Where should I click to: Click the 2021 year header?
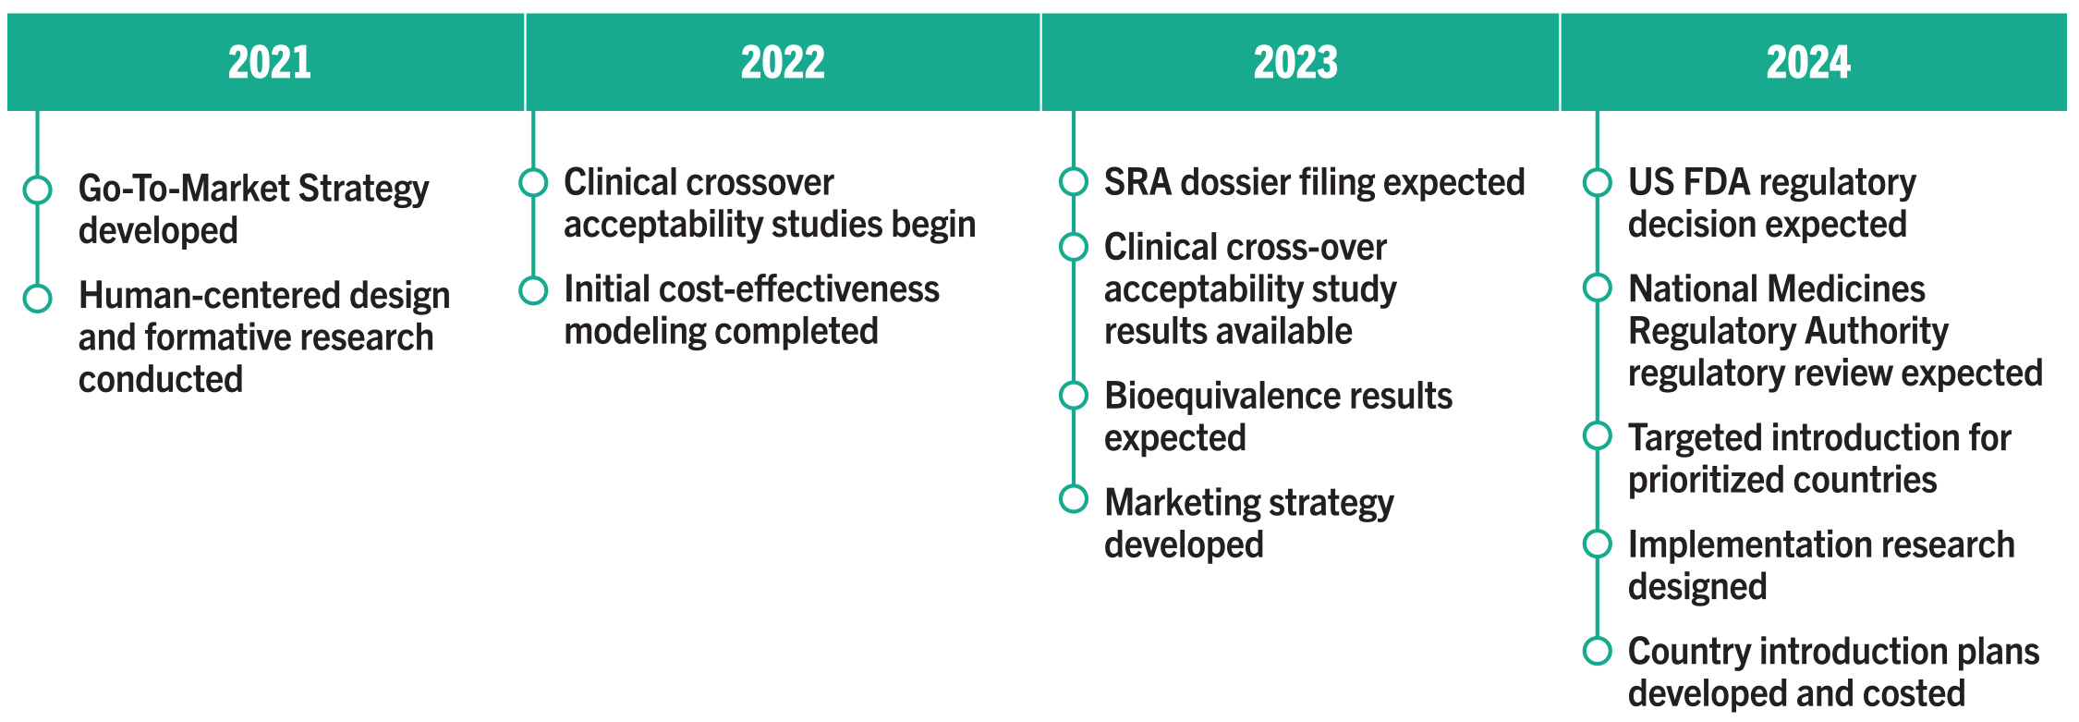tap(269, 63)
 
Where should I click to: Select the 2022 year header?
tap(783, 63)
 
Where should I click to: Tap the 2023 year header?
tap(1295, 63)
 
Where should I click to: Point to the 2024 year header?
tap(1808, 63)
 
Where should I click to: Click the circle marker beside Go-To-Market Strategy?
tap(37, 190)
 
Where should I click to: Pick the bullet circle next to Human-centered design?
tap(37, 298)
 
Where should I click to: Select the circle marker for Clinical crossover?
tap(533, 183)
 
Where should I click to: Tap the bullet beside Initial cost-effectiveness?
tap(533, 290)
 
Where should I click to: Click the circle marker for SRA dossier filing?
tap(1073, 182)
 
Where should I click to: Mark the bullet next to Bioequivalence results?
tap(1073, 396)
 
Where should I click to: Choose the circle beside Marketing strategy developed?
tap(1073, 499)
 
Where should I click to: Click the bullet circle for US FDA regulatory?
tap(1597, 182)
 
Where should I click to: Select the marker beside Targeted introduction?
tap(1597, 435)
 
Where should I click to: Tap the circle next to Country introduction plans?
tap(1597, 651)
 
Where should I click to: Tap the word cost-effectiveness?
tap(794, 289)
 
